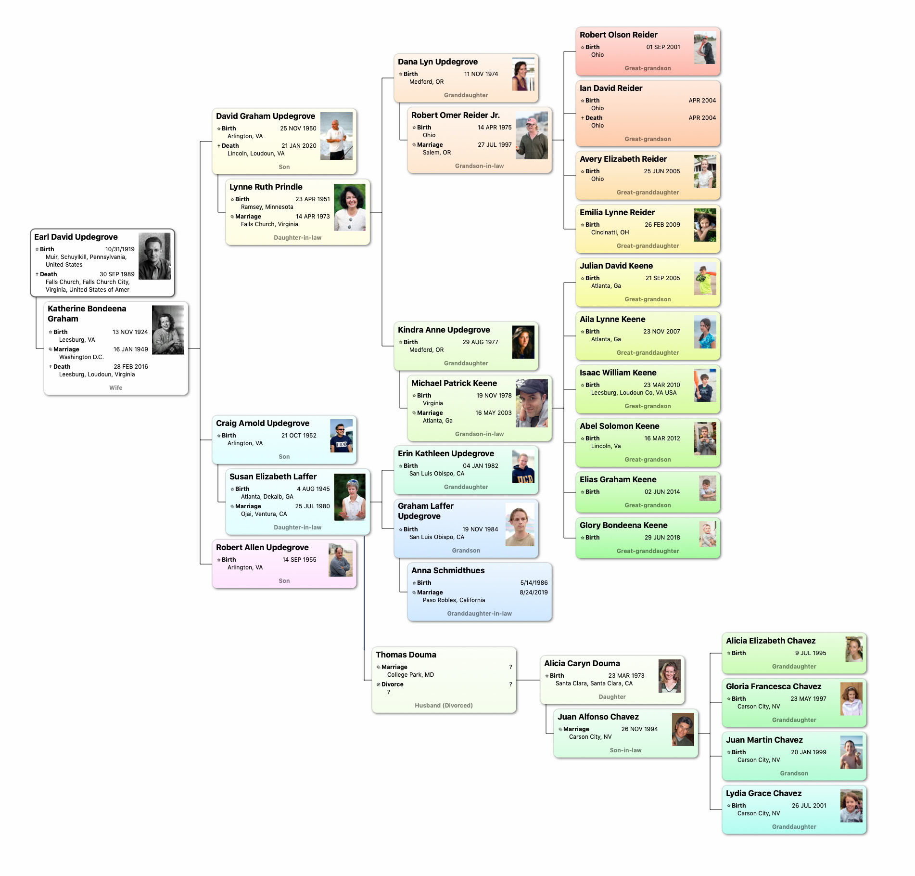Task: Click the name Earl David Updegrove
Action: click(76, 237)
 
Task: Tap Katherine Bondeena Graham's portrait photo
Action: click(168, 330)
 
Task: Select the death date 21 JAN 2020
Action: click(299, 146)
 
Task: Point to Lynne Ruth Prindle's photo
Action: click(350, 207)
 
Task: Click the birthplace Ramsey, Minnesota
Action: click(267, 207)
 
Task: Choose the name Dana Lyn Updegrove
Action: click(438, 62)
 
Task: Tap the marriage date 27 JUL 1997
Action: click(495, 145)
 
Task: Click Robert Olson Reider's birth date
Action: click(663, 47)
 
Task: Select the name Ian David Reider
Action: click(611, 88)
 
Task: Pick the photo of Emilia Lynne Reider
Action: click(705, 225)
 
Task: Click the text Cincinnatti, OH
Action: click(610, 232)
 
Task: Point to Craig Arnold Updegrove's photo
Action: click(341, 436)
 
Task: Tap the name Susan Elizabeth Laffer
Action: click(273, 477)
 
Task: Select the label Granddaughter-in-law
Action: click(479, 614)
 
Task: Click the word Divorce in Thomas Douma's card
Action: click(392, 684)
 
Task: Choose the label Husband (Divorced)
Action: click(444, 706)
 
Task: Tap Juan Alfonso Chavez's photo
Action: click(683, 729)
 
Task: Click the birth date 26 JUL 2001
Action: click(809, 806)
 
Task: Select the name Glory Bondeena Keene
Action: click(623, 525)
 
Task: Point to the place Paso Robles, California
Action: click(454, 600)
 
